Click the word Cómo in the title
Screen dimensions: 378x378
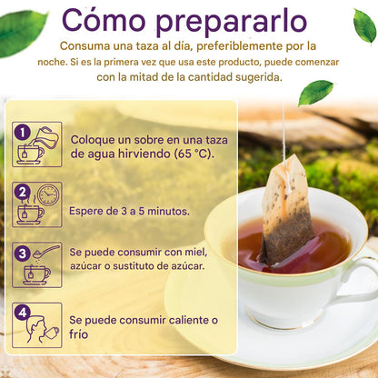click(x=104, y=20)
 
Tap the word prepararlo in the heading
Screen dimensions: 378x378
click(x=232, y=22)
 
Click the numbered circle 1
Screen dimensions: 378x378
click(x=22, y=133)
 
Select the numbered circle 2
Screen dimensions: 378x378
click(x=22, y=193)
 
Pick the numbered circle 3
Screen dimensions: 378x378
click(x=22, y=254)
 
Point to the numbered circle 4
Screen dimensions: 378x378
click(x=22, y=313)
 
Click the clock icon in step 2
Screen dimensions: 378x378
click(x=48, y=194)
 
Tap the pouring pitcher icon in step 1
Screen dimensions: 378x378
click(x=46, y=138)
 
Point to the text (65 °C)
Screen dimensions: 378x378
click(x=194, y=154)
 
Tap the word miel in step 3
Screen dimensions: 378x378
click(x=196, y=253)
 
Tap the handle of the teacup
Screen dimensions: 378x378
click(x=360, y=280)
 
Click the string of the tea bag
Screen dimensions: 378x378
click(x=284, y=130)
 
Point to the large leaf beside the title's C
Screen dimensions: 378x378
click(x=22, y=33)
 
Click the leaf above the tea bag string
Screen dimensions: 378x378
click(x=315, y=92)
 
